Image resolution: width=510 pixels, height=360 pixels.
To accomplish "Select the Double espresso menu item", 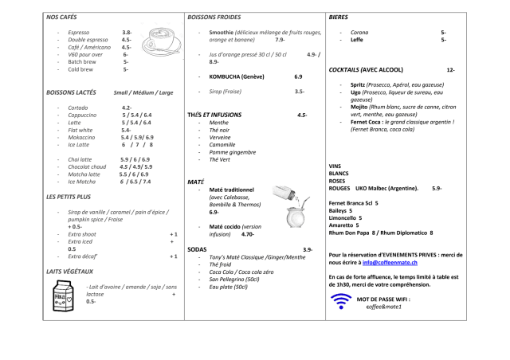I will tap(89, 39).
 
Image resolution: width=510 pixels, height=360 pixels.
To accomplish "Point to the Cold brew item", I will tap(81, 68).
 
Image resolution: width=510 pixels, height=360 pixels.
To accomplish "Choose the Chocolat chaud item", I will tap(88, 166).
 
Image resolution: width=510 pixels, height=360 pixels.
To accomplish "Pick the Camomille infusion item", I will tap(224, 144).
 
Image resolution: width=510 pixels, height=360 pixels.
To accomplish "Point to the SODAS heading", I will tap(197, 250).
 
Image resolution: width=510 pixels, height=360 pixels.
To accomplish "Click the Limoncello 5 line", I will tap(345, 217).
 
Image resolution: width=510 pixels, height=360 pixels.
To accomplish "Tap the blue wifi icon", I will tap(341, 302).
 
